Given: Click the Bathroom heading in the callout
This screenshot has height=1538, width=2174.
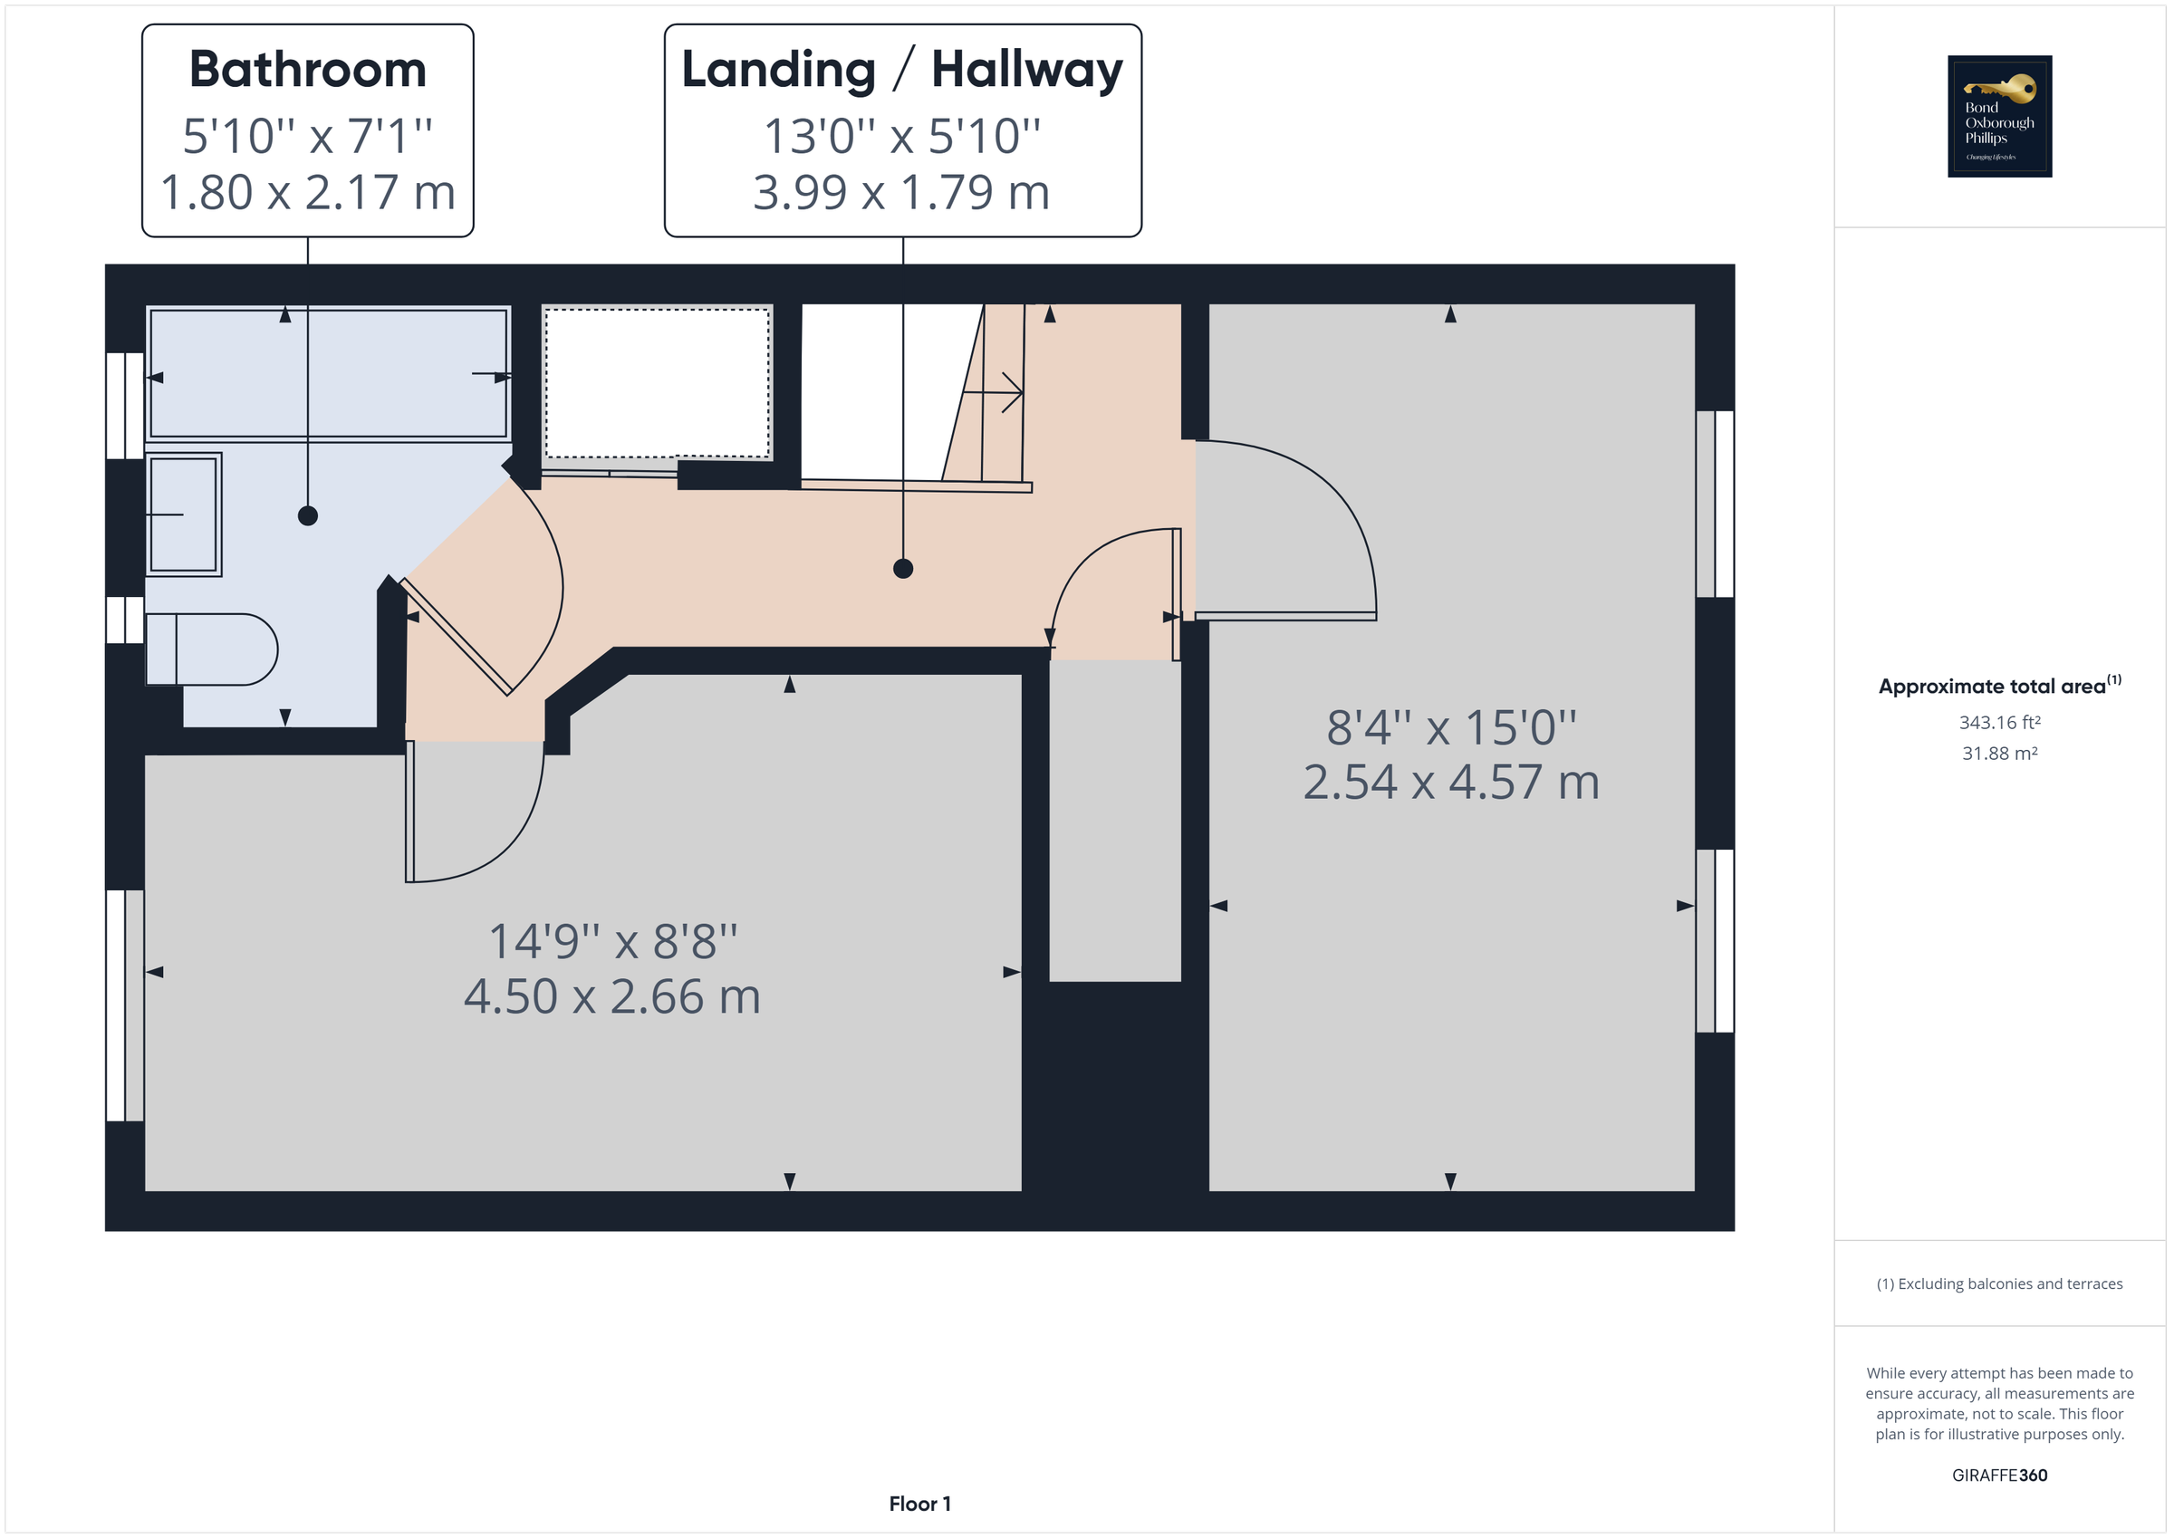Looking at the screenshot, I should [308, 69].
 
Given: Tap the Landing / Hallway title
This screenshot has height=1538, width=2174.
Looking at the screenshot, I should [901, 69].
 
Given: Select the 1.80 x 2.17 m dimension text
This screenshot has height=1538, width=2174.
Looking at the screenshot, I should [308, 192].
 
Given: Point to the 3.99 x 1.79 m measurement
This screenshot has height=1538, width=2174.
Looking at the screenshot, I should [901, 192].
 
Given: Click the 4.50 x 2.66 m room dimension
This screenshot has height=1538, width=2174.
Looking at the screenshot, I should [611, 996].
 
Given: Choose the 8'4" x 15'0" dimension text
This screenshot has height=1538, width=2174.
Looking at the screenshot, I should [1450, 727].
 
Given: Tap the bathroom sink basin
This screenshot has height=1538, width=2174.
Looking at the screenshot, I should [184, 514].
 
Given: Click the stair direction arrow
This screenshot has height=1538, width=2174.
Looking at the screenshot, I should [1002, 392].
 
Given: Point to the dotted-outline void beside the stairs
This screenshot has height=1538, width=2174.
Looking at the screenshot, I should [656, 383].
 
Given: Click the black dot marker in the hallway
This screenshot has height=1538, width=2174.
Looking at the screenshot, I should [902, 568].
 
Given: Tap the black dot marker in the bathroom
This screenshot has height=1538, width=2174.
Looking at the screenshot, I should [308, 516].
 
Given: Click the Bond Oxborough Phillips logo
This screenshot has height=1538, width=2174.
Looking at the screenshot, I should [1999, 117].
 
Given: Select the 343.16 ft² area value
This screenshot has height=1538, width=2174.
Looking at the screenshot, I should [1999, 723].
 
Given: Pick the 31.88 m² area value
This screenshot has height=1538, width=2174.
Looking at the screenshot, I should [1999, 754].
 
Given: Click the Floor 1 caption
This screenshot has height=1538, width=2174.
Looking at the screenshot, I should [919, 1504].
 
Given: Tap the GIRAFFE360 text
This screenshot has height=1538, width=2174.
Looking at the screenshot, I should [1999, 1476].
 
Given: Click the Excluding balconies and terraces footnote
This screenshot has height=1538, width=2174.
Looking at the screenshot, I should [1999, 1284].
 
